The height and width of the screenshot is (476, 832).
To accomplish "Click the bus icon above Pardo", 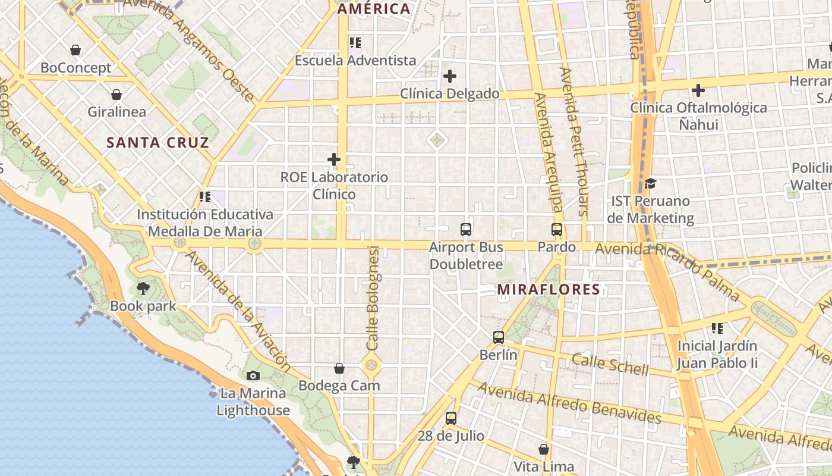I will point(557,229).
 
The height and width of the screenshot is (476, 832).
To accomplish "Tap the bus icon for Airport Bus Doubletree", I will point(466,229).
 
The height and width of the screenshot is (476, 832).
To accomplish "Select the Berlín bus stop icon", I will point(499,337).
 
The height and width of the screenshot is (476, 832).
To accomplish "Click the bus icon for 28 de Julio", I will point(451,418).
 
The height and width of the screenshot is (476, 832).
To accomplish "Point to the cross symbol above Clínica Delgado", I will point(450,76).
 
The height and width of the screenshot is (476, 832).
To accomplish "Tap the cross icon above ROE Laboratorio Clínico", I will point(334,159).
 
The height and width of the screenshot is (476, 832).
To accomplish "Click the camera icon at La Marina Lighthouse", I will point(253,375).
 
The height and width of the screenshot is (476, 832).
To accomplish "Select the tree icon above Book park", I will point(143,289).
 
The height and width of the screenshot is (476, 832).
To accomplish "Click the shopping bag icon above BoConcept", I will point(75,50).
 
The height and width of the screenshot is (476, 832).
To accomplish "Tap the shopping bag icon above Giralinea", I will point(116,94).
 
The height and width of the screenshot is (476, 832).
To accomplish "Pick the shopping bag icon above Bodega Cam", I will point(339,368).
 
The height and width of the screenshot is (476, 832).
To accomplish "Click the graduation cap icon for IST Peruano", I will point(650,183).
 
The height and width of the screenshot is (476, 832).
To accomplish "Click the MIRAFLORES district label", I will point(549,290).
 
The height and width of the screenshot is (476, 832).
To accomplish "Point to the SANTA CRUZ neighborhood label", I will point(157,143).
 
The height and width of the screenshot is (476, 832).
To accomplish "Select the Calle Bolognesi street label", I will point(373,297).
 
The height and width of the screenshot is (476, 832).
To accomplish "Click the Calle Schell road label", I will point(610,364).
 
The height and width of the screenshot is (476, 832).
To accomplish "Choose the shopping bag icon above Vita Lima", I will point(543,449).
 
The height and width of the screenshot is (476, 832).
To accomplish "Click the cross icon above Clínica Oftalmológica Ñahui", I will point(698,90).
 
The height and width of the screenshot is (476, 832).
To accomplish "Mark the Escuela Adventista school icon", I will point(355,43).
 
